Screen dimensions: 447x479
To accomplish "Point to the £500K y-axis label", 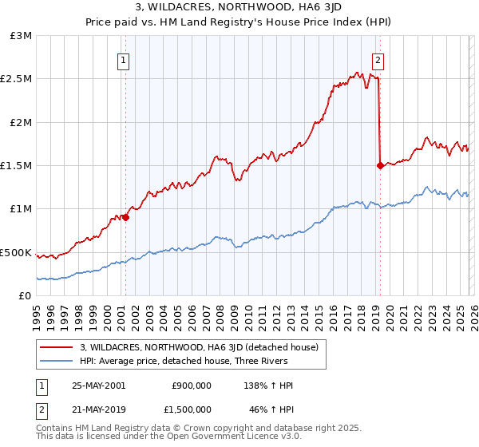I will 16,252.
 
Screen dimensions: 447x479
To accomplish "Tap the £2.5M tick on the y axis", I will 17,79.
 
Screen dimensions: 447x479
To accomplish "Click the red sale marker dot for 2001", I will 125,217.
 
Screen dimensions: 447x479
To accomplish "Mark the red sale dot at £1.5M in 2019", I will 379,165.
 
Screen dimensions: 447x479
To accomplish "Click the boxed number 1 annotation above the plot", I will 125,59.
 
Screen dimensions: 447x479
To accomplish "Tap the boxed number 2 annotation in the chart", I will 378,59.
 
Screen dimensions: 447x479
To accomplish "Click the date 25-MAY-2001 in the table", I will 98,386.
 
